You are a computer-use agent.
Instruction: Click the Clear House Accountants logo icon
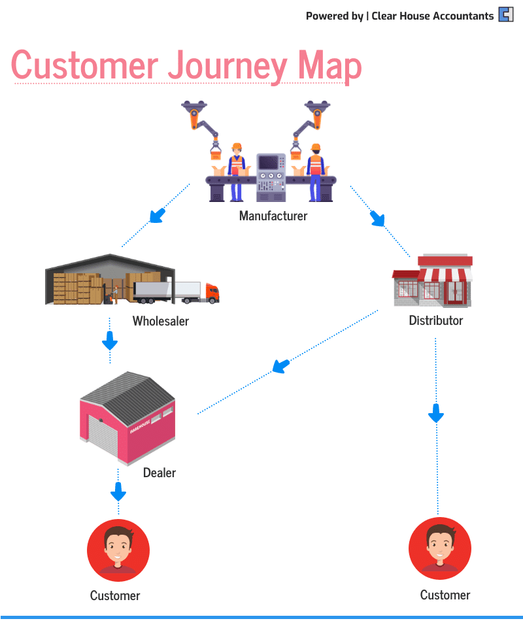506,14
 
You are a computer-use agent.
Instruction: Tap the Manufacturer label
273,216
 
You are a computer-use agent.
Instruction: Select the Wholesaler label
160,321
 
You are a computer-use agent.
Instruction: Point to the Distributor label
435,320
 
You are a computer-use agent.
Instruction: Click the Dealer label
159,472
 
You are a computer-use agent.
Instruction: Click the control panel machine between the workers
271,176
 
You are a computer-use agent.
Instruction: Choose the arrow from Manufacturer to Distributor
377,218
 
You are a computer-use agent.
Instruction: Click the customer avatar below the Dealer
118,550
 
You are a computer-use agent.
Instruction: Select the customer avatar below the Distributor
439,549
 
